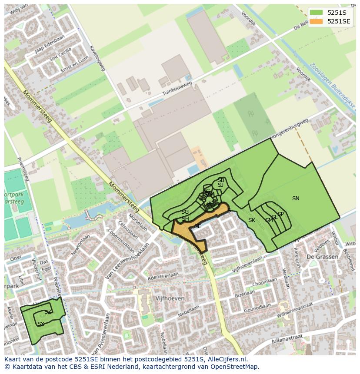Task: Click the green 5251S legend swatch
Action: [x=317, y=13]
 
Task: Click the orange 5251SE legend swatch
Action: [x=317, y=21]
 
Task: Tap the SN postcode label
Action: [x=296, y=199]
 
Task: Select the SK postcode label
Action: [x=252, y=220]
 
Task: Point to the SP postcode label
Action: [x=280, y=214]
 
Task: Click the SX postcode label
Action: [x=41, y=324]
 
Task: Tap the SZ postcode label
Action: [x=48, y=312]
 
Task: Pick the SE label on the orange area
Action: [x=197, y=226]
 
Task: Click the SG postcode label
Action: [x=185, y=212]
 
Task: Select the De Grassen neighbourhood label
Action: [x=322, y=257]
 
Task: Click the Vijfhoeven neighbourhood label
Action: [x=170, y=298]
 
